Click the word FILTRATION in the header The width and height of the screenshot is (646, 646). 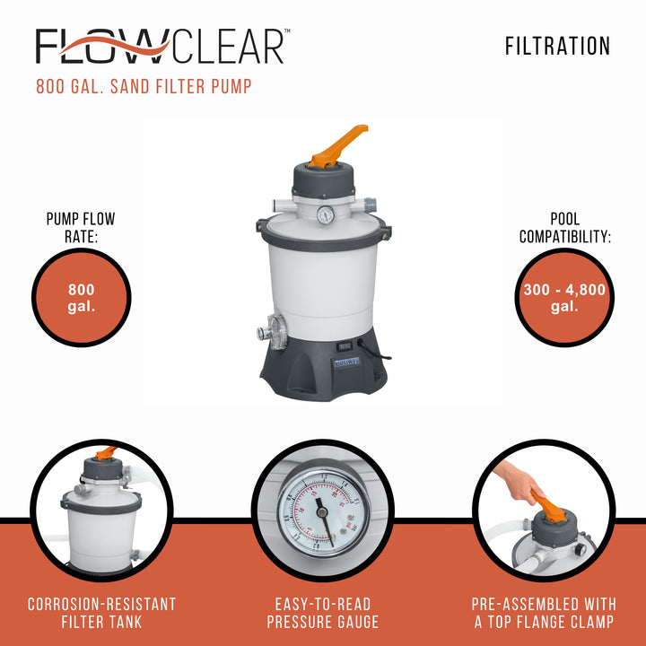[x=557, y=46]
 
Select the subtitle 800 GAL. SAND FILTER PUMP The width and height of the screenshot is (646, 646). [x=144, y=88]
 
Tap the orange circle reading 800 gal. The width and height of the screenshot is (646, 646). [x=82, y=297]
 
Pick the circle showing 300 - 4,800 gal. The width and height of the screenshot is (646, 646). [x=565, y=297]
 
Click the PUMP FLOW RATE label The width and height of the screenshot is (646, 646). [x=81, y=227]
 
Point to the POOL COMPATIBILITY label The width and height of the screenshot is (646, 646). [x=565, y=227]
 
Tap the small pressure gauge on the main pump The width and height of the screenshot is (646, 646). [x=325, y=214]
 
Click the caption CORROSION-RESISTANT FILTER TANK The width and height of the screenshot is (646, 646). [x=101, y=613]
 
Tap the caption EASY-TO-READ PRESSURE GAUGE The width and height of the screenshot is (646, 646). [x=323, y=613]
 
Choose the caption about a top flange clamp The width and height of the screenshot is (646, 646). [x=544, y=613]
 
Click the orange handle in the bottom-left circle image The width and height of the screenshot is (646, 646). [x=106, y=452]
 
